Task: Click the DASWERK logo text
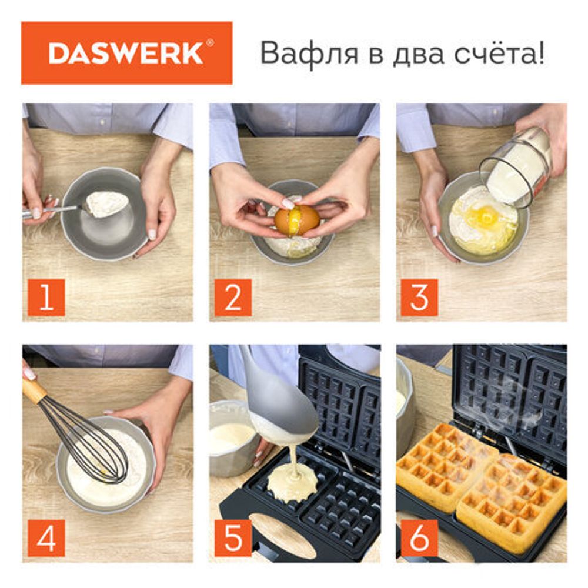point(126,53)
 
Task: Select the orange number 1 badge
point(46,298)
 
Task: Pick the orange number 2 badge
point(233,298)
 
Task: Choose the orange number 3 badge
point(419,298)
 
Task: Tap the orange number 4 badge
point(46,539)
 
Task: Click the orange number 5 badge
point(233,539)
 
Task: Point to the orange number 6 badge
point(419,539)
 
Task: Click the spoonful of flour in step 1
point(106,203)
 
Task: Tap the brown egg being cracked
point(297,220)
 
